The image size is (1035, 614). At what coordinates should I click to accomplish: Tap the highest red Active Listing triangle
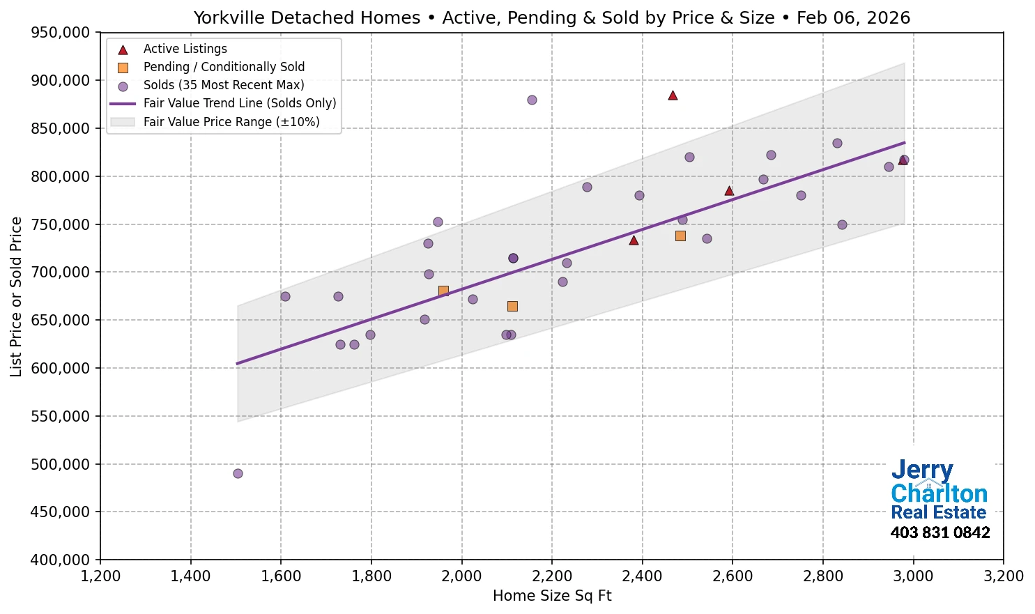(x=673, y=95)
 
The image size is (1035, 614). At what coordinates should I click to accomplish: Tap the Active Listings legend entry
(x=185, y=49)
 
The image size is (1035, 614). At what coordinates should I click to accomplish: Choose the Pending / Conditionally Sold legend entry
(x=224, y=67)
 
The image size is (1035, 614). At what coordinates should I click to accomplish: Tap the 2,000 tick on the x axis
(x=462, y=576)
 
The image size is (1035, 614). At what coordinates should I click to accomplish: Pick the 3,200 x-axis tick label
(x=1003, y=576)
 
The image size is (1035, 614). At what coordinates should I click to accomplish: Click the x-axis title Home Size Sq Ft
(x=552, y=596)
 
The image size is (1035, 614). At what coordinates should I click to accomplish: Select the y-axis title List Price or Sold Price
(x=17, y=296)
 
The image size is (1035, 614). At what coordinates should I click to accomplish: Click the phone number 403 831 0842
(x=940, y=533)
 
